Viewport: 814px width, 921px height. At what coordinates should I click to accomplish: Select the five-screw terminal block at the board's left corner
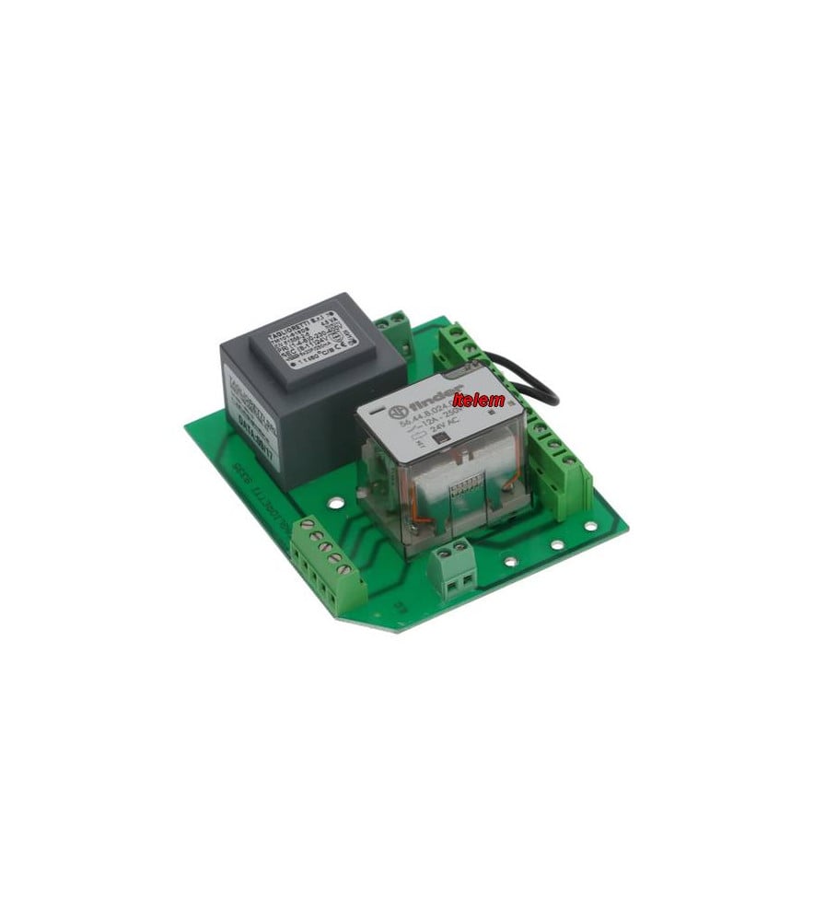[x=327, y=563]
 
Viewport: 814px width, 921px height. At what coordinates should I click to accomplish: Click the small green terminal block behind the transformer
[x=394, y=325]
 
